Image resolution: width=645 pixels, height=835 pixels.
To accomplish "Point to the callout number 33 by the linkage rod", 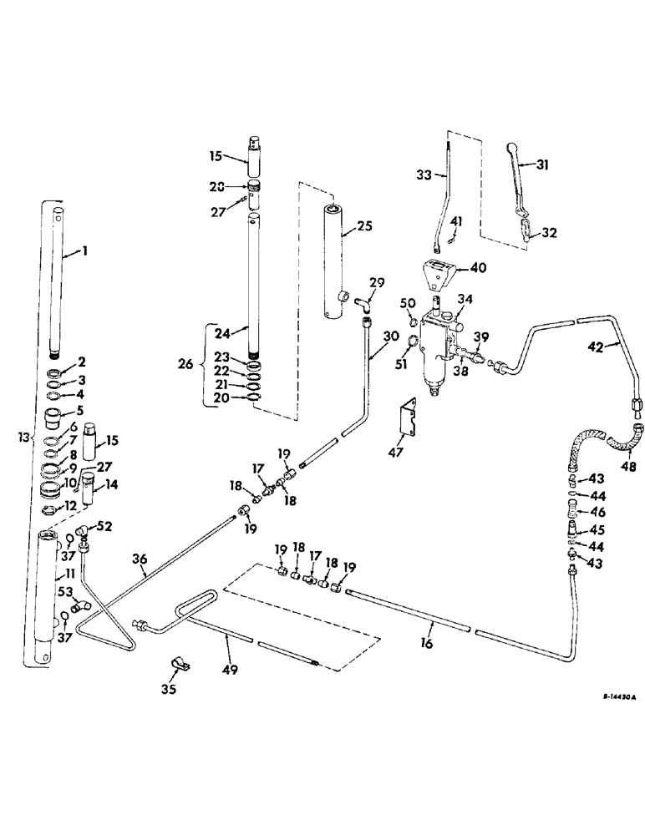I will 423,175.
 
